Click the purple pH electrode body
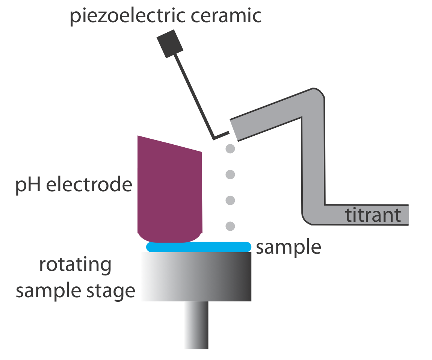(170, 188)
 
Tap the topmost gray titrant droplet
(230, 149)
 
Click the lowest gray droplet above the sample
(230, 226)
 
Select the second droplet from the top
(230, 174)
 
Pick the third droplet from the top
(230, 200)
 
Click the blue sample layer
(198, 247)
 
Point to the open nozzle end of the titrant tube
(234, 130)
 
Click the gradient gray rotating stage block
(196, 276)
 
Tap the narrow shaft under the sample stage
(196, 325)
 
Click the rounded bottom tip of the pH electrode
(170, 237)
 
